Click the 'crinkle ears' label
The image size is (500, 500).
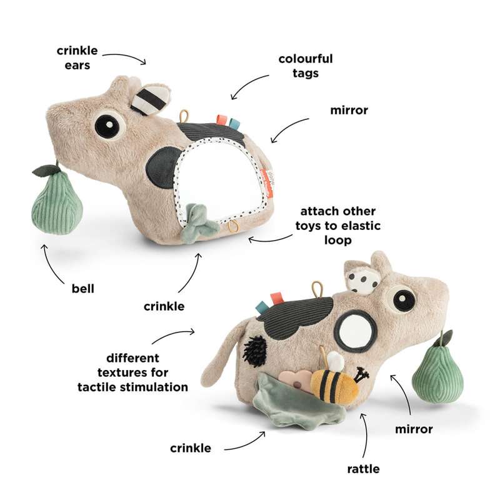[x=77, y=57]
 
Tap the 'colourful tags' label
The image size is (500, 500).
[x=306, y=66]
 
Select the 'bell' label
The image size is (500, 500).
[x=83, y=289]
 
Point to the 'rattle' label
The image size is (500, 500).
[x=363, y=469]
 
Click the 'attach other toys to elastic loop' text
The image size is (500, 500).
[x=338, y=226]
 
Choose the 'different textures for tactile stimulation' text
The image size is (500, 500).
[x=132, y=372]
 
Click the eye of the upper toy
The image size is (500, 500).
[x=109, y=124]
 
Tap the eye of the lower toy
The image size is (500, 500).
[x=404, y=299]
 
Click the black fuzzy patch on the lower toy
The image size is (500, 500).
[x=255, y=351]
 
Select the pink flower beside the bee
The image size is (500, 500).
[x=296, y=382]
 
